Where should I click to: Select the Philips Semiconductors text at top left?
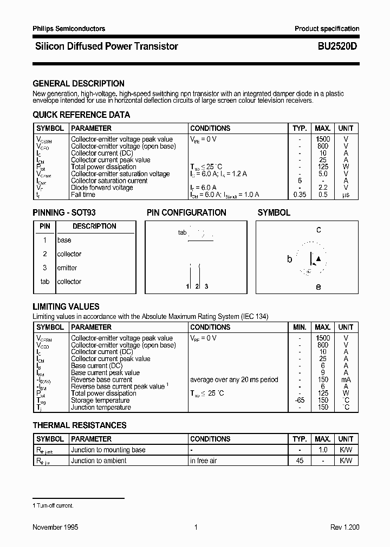click(x=69, y=29)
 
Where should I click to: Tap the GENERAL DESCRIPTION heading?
click(x=79, y=84)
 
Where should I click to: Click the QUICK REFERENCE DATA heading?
click(x=81, y=115)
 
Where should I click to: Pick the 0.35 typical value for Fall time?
click(x=298, y=195)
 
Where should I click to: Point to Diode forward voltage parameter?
click(x=102, y=188)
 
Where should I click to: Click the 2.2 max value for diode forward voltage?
click(x=323, y=188)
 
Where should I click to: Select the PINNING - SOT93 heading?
click(x=64, y=212)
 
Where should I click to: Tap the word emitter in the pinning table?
click(x=67, y=268)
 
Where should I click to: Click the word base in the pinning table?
click(x=64, y=240)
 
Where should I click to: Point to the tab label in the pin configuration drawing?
click(x=182, y=232)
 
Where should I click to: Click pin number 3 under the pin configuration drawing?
click(x=206, y=286)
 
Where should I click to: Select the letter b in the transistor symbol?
click(x=289, y=259)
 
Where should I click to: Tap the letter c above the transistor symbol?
click(x=318, y=230)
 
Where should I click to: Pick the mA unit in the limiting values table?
click(x=346, y=379)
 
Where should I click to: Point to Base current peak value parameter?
click(x=105, y=372)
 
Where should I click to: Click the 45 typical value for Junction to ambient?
click(x=300, y=461)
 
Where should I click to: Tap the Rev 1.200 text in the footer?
click(x=344, y=527)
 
